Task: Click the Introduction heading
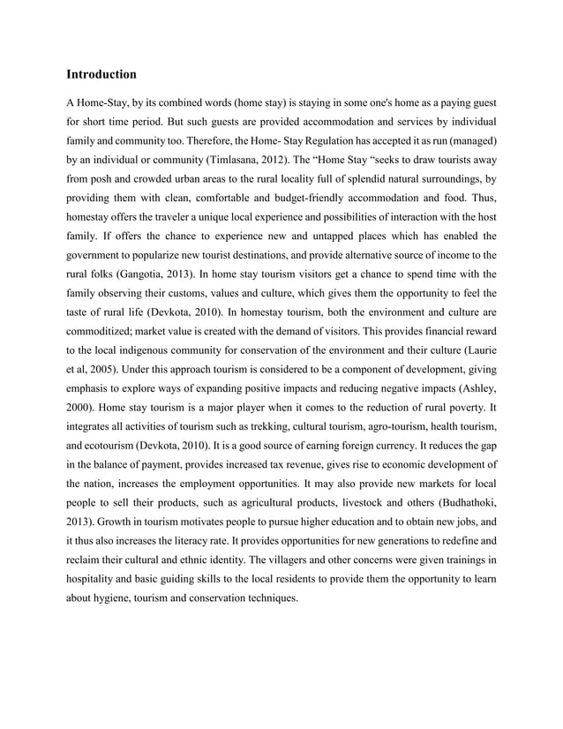coord(101,74)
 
